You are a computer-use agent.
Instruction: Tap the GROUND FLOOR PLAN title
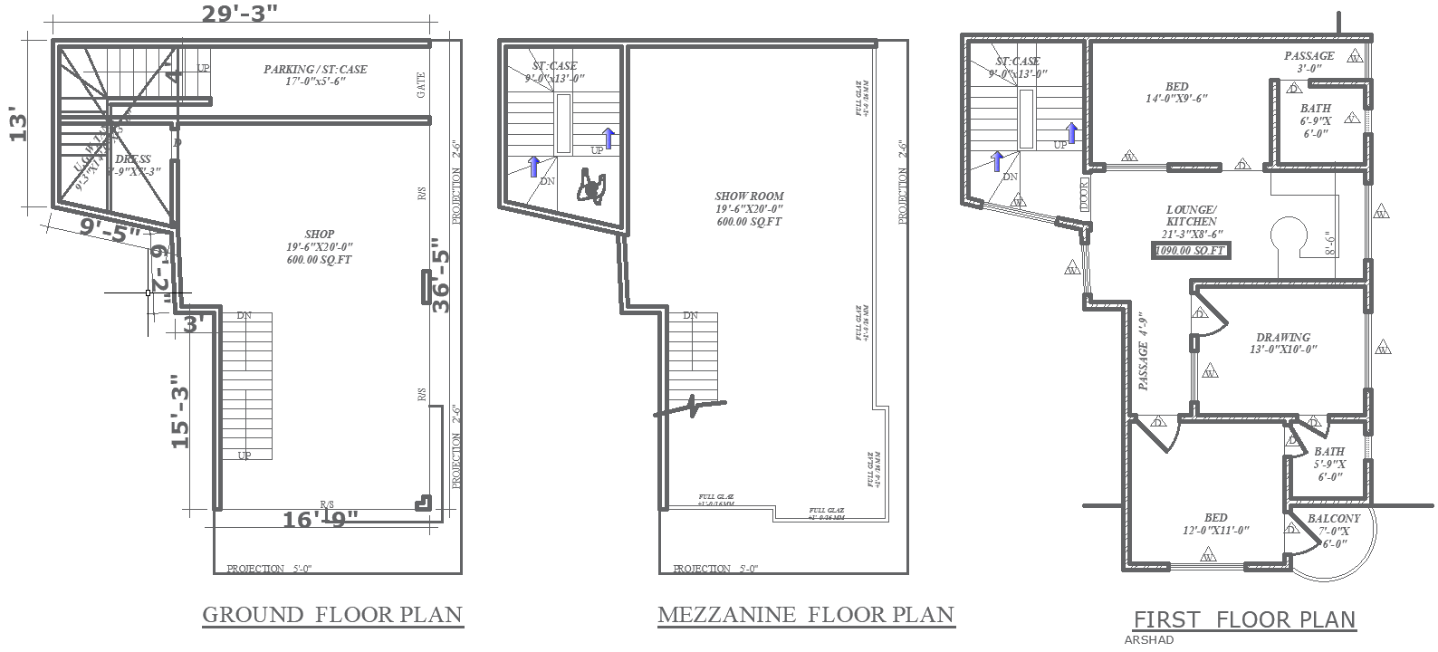click(331, 615)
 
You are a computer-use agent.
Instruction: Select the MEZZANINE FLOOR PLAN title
click(805, 616)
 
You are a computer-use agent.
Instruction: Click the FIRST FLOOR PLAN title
click(1244, 620)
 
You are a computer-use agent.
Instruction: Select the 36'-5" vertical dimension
click(440, 275)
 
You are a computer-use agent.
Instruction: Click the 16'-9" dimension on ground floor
click(321, 520)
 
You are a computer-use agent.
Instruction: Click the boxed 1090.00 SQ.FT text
click(1191, 251)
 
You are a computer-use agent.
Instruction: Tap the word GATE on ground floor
click(421, 86)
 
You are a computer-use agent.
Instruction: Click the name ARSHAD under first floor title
click(1148, 639)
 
